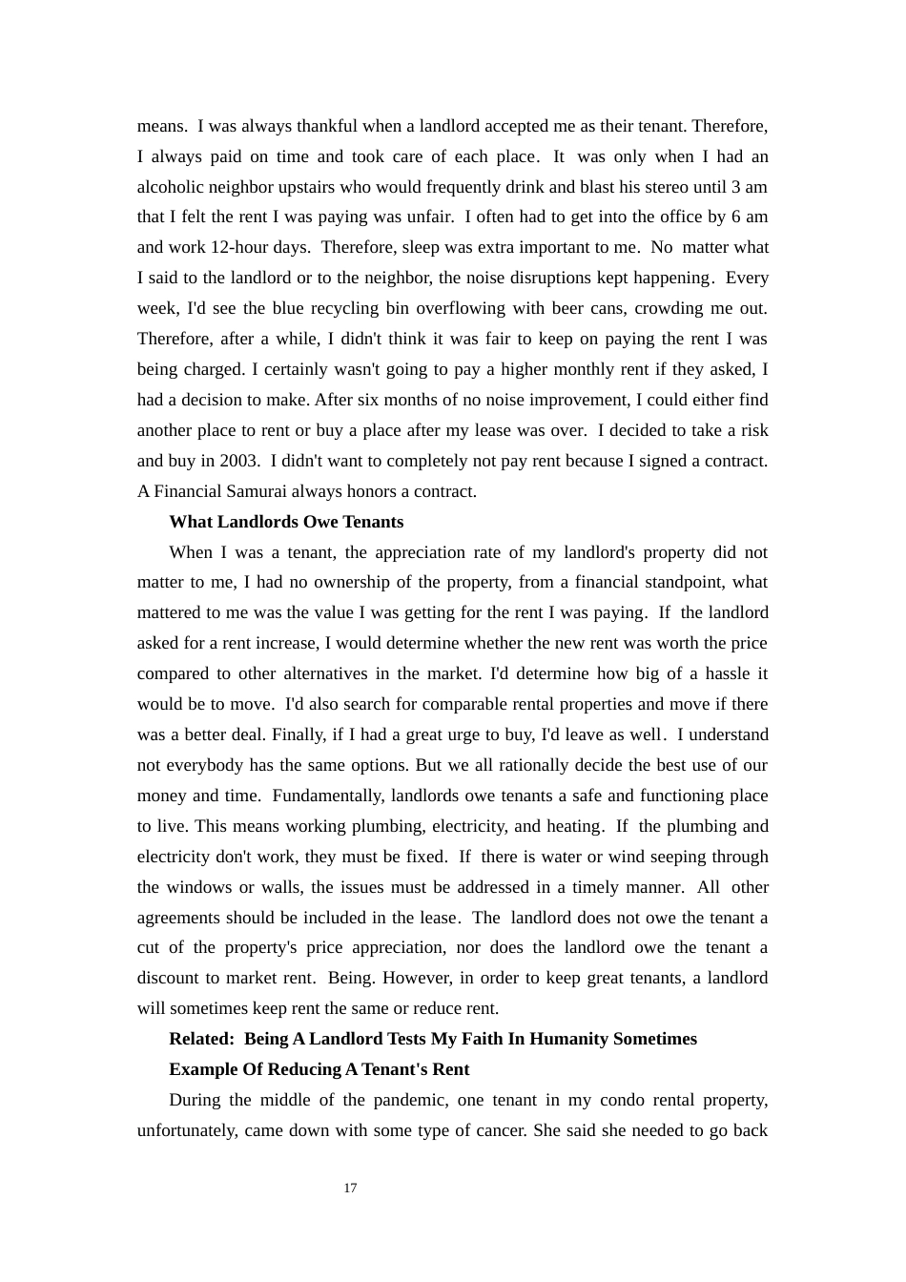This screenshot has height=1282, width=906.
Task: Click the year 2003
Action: pos(238,461)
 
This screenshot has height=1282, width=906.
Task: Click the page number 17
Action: pos(350,1188)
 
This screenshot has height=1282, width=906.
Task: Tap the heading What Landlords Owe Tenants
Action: pos(286,522)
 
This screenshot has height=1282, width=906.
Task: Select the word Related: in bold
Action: pos(201,1039)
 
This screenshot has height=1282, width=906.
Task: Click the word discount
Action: pos(168,978)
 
